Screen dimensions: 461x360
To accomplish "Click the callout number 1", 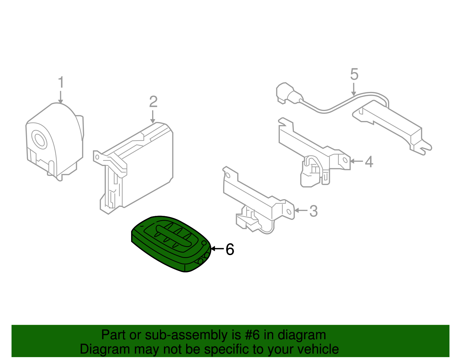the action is (x=61, y=83).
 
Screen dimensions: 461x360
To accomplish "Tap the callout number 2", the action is (x=153, y=102).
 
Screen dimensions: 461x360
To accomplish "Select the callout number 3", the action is (x=313, y=211).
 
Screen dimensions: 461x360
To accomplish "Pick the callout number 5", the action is (x=354, y=74).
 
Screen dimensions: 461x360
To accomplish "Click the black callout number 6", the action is (x=230, y=249).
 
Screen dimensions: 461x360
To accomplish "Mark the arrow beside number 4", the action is (x=356, y=161).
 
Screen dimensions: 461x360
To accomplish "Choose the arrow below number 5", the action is (x=354, y=89).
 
